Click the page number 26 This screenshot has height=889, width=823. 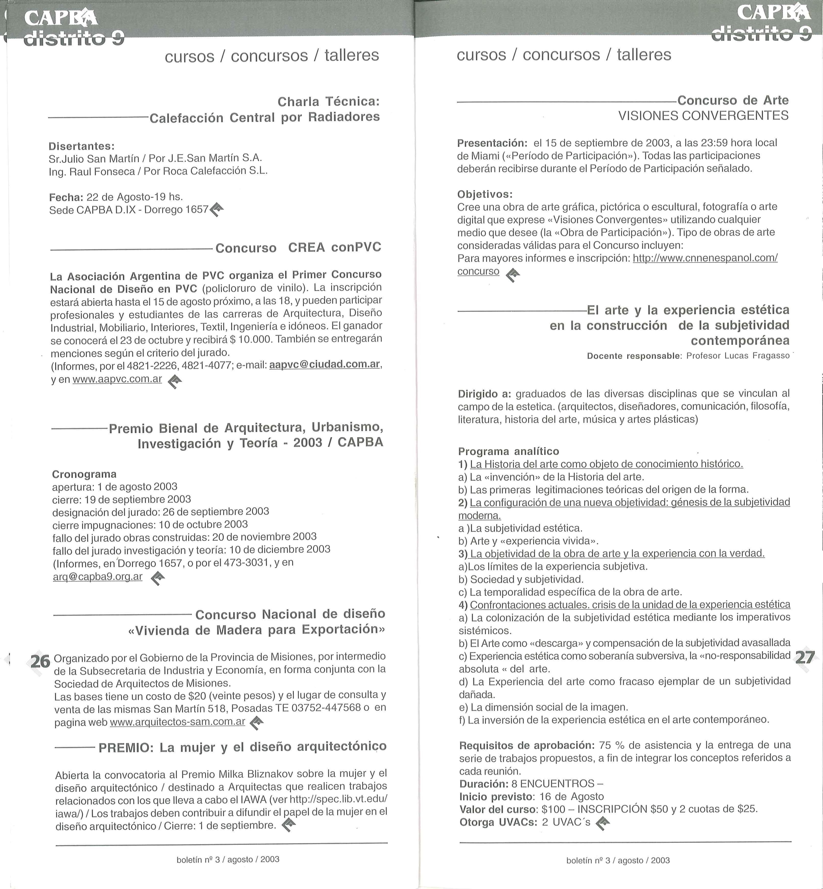point(40,662)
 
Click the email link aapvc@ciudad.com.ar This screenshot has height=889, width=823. point(325,364)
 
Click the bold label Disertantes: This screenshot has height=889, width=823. point(81,146)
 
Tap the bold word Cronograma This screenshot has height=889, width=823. point(84,474)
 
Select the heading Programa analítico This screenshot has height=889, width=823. point(508,451)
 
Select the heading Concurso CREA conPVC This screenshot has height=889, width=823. point(298,248)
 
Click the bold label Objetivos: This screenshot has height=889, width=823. point(485,194)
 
